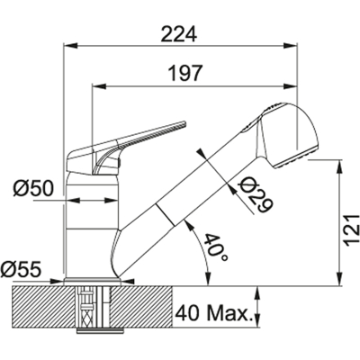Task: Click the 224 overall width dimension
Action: (179, 34)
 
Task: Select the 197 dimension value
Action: (185, 73)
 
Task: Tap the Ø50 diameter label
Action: (33, 188)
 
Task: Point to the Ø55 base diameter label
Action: (21, 269)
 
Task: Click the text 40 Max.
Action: (213, 314)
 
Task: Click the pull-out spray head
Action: (285, 135)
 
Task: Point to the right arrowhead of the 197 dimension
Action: (290, 86)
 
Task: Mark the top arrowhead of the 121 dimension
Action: (340, 167)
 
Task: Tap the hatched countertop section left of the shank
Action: (44, 307)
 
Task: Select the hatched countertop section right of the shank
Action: (142, 307)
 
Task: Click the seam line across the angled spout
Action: (165, 214)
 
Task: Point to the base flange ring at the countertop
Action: (93, 282)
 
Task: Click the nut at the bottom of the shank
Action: (100, 330)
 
